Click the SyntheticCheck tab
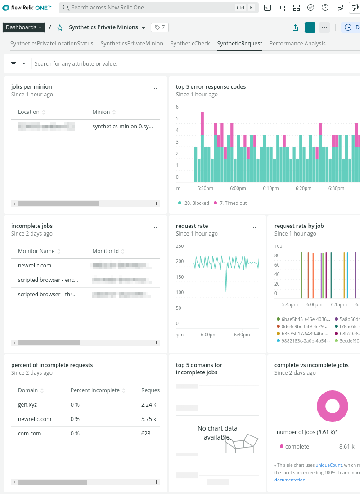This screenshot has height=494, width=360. (x=190, y=44)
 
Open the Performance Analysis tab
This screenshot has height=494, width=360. (x=297, y=44)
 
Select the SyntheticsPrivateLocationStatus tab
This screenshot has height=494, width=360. (x=52, y=44)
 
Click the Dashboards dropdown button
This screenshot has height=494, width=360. (x=24, y=27)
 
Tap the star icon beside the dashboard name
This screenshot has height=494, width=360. (x=60, y=28)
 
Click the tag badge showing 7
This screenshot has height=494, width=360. (x=160, y=27)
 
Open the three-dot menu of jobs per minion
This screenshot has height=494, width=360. (x=155, y=89)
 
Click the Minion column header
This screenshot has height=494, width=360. (x=101, y=112)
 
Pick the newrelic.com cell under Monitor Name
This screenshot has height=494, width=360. (x=35, y=266)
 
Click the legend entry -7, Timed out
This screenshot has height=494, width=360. (x=230, y=203)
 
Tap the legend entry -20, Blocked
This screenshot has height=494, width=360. (x=194, y=203)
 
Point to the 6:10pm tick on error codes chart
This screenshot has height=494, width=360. (x=270, y=188)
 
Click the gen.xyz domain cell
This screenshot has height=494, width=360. (x=27, y=405)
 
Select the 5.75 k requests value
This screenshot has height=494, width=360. (x=148, y=419)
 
